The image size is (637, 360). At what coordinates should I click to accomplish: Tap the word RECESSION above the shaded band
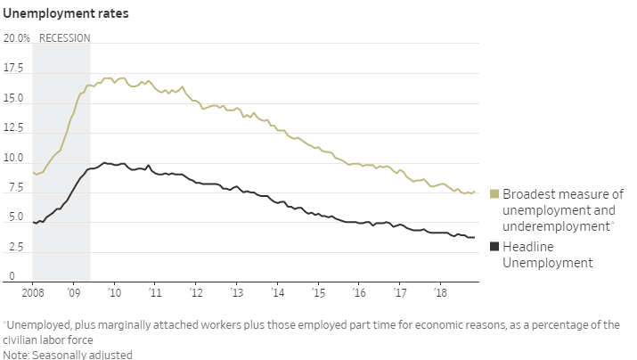coord(64,37)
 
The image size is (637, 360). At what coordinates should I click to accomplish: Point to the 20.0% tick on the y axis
coord(17,38)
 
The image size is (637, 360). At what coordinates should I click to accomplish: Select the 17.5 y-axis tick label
coord(15,69)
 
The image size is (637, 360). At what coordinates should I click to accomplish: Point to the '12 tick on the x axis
coord(196,292)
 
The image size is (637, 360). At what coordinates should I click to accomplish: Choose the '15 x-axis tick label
coord(318,292)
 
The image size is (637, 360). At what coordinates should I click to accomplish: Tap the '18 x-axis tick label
coord(440,292)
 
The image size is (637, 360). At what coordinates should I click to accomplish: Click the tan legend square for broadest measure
coord(494,194)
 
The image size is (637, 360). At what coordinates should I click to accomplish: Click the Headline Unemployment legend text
coord(548,254)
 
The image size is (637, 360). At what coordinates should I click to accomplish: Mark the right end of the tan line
coord(474,192)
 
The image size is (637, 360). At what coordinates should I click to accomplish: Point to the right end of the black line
coord(474,237)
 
